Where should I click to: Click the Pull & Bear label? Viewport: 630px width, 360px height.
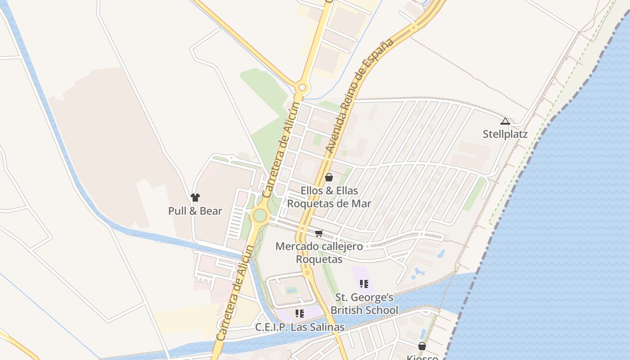pos(195,211)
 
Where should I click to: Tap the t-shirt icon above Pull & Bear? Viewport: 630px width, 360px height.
pos(195,197)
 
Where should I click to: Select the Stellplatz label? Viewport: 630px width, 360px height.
pos(505,134)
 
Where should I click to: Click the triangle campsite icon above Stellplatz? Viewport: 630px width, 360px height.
pos(505,121)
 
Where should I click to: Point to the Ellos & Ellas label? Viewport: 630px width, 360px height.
pos(329,191)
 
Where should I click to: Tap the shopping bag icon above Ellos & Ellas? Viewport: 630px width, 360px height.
pos(329,177)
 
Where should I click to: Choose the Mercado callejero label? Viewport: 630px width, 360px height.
pos(319,247)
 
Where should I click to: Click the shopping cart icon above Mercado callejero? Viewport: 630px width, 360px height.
pos(319,233)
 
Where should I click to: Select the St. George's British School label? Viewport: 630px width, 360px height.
pos(364,304)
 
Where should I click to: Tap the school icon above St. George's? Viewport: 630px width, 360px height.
pos(364,284)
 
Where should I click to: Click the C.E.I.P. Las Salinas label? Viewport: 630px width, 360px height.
pos(300,327)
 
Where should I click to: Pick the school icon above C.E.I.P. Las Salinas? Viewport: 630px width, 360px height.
pos(300,314)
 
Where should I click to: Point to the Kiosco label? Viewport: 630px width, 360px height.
pos(422,357)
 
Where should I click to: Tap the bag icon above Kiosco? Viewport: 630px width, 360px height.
pos(422,346)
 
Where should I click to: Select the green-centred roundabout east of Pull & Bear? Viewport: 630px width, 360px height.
pos(260,215)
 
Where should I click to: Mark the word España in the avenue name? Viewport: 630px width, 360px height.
pos(382,56)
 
